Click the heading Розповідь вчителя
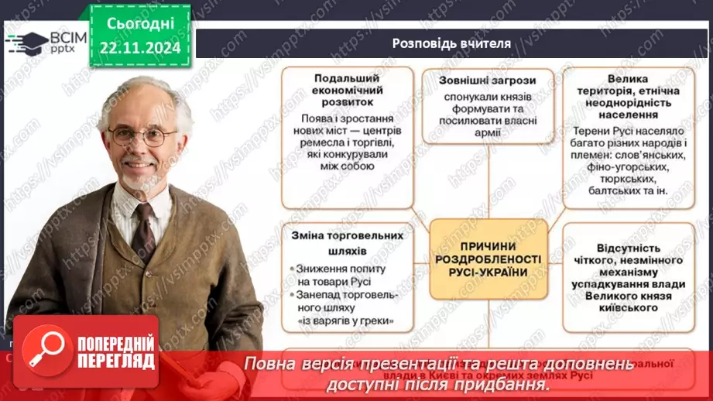(452, 43)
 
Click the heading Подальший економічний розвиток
(345, 90)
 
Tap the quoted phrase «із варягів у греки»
(345, 320)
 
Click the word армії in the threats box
(488, 133)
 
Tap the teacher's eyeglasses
(143, 136)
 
